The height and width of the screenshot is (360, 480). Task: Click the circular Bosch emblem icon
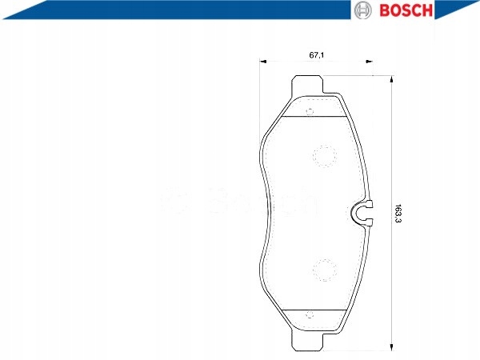click(x=362, y=10)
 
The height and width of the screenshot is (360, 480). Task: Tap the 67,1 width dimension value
click(x=316, y=55)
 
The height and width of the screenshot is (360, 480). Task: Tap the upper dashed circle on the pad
click(x=324, y=157)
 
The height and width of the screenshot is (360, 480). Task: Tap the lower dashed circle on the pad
click(x=324, y=270)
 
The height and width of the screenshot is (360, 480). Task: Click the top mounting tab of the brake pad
click(x=307, y=84)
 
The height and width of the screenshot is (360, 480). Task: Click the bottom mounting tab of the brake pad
click(x=307, y=342)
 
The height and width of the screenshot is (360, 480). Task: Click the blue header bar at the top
click(x=160, y=10)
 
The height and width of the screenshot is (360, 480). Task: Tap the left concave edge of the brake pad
click(x=263, y=213)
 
